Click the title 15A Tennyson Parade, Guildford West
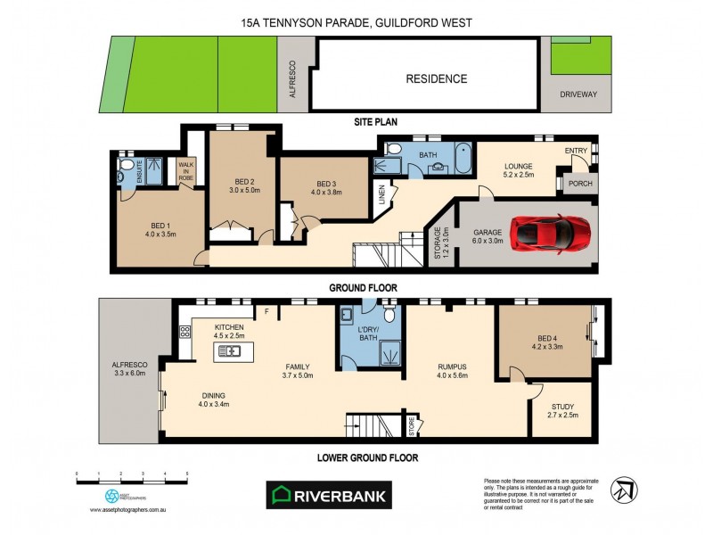pos(356,22)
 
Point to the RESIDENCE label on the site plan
pos(436,78)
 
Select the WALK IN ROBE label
pos(186,171)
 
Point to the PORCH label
pos(580,185)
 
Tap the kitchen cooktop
pos(186,332)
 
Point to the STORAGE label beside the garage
pos(437,243)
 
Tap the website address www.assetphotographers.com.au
pos(130,510)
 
